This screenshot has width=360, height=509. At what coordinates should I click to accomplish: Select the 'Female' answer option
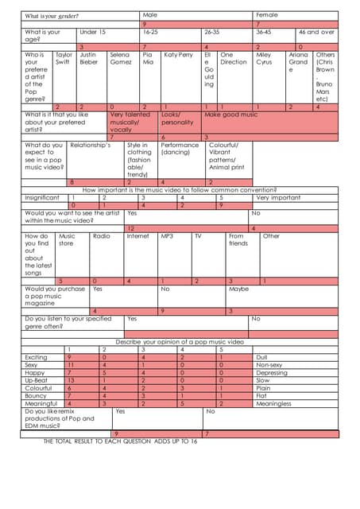[267, 15]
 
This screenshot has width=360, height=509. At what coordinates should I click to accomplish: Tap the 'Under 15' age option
[92, 32]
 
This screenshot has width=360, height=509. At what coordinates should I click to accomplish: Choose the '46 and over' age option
[316, 32]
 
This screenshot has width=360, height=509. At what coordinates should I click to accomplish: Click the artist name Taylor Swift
[63, 58]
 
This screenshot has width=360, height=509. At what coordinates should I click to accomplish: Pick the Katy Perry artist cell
[178, 55]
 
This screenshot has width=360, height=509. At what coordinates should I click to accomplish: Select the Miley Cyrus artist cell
[265, 58]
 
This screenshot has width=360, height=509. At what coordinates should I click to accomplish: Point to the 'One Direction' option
[233, 58]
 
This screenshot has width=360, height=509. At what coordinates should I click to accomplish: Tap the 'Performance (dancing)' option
[180, 149]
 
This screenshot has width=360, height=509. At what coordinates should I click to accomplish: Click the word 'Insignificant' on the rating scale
[42, 197]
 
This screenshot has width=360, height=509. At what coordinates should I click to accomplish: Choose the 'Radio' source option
[101, 236]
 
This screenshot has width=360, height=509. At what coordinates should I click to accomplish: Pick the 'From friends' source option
[238, 239]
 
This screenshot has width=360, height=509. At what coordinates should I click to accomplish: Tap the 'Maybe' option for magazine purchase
[238, 289]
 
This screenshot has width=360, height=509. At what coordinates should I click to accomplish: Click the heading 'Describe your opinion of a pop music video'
[179, 341]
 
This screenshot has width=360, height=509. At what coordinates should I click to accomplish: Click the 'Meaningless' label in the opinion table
[273, 403]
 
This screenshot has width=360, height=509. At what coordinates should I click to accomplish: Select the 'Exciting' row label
[37, 357]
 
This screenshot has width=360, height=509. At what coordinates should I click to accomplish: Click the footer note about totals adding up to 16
[119, 441]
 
